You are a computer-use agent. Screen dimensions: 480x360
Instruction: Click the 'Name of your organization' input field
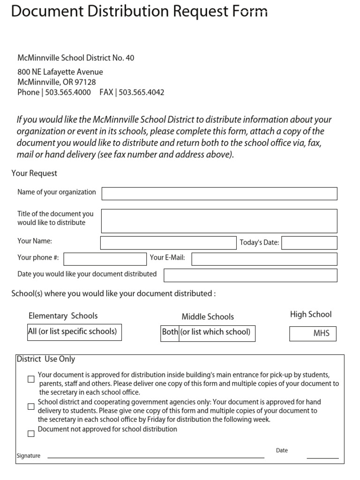[219, 194]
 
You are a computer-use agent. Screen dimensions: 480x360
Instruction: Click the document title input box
[219, 221]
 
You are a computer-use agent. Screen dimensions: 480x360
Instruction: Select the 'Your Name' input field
[168, 243]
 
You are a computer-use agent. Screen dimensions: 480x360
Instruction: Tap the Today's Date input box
[309, 243]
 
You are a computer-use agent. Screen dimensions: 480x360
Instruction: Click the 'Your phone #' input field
[105, 259]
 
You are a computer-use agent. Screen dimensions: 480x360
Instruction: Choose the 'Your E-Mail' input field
[264, 259]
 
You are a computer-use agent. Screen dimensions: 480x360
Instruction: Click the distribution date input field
[250, 275]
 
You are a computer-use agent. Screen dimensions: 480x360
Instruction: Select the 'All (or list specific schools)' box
[75, 332]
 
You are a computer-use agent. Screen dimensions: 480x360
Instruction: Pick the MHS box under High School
[313, 334]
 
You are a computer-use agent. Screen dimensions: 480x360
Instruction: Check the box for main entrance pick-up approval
[31, 379]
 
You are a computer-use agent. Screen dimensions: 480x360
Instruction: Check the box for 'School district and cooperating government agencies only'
[31, 406]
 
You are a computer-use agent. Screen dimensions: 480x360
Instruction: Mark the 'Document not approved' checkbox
[31, 434]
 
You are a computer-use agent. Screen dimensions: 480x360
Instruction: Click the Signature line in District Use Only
[156, 457]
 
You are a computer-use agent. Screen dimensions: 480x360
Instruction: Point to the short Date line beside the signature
[322, 457]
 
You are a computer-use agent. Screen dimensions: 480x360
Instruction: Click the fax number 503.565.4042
[142, 92]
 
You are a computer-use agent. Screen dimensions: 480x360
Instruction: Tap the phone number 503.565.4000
[68, 92]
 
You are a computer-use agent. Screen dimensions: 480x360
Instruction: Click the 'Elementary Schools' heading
[63, 316]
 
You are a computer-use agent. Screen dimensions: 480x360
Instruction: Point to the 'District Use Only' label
[46, 359]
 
